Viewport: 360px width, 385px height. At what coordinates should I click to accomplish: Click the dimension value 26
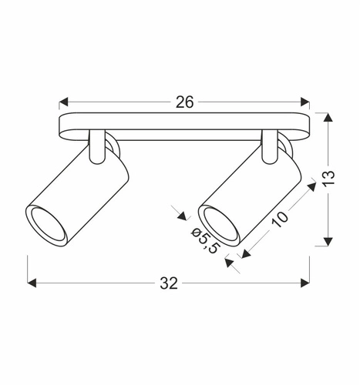[x=183, y=102]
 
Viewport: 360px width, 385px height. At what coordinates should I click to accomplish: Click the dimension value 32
[x=170, y=283]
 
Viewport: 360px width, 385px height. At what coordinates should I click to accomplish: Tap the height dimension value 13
[x=329, y=179]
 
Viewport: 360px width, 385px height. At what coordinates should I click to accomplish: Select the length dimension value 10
[x=282, y=218]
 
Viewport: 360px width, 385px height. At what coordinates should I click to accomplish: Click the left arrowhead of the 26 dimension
[x=63, y=102]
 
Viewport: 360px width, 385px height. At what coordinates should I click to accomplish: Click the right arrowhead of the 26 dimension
[x=305, y=102]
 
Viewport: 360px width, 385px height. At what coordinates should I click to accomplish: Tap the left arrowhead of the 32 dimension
[x=32, y=283]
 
